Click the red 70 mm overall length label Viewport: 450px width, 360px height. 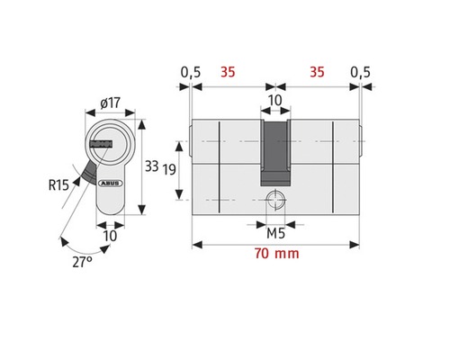[275, 255]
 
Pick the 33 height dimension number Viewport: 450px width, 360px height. [152, 166]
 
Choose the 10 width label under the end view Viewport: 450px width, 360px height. [109, 236]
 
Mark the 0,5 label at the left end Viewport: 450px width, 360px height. [190, 71]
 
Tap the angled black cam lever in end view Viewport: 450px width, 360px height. [87, 170]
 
